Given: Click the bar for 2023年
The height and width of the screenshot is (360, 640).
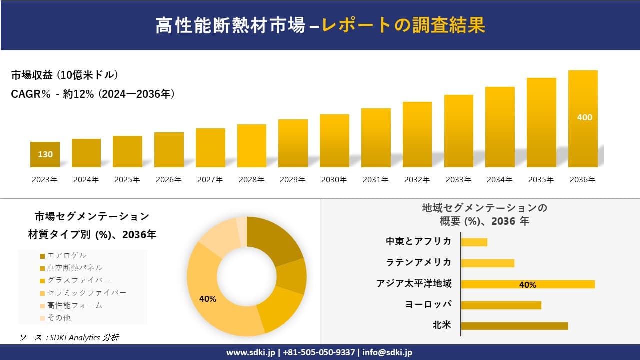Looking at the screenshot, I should click(x=45, y=154).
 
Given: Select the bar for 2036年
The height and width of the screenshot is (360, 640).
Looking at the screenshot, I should click(x=583, y=119).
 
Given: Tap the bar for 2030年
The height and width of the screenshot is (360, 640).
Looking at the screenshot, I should click(x=334, y=141).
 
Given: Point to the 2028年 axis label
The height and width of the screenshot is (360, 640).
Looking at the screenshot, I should click(x=251, y=180).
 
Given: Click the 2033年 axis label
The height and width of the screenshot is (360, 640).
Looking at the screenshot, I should click(x=458, y=180).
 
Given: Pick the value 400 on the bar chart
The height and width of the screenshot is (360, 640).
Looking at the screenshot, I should click(x=584, y=117).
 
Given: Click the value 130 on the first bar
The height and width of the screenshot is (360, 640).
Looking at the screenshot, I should click(x=45, y=154).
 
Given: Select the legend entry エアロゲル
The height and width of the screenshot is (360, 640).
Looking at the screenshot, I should click(x=66, y=256).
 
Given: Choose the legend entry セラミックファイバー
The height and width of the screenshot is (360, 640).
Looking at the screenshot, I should click(x=86, y=293).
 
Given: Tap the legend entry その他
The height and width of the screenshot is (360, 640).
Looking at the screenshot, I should click(x=58, y=318).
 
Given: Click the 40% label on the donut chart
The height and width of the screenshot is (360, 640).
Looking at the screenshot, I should click(x=207, y=299).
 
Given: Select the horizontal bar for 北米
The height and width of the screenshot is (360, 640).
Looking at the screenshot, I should click(x=514, y=326).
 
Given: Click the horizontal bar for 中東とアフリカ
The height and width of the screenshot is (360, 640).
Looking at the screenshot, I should click(x=474, y=242).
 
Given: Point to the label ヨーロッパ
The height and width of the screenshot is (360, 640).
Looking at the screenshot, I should click(x=428, y=304).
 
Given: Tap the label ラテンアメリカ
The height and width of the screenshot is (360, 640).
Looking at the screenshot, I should click(x=419, y=262).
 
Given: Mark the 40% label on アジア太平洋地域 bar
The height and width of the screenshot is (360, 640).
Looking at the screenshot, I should click(x=527, y=285).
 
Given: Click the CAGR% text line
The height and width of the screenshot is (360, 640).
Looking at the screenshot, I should click(x=93, y=94).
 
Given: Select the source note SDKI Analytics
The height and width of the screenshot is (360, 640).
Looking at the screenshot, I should click(x=69, y=338).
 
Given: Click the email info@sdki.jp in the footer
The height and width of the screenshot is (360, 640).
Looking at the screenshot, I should click(x=387, y=352).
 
